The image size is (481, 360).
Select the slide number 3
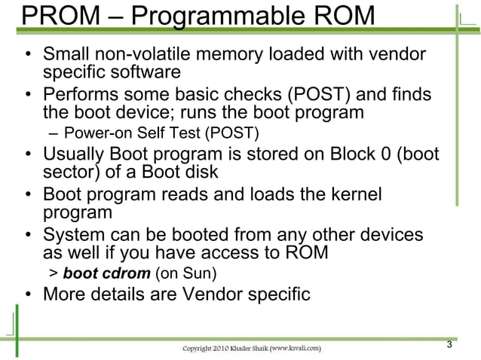[x=449, y=346]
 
